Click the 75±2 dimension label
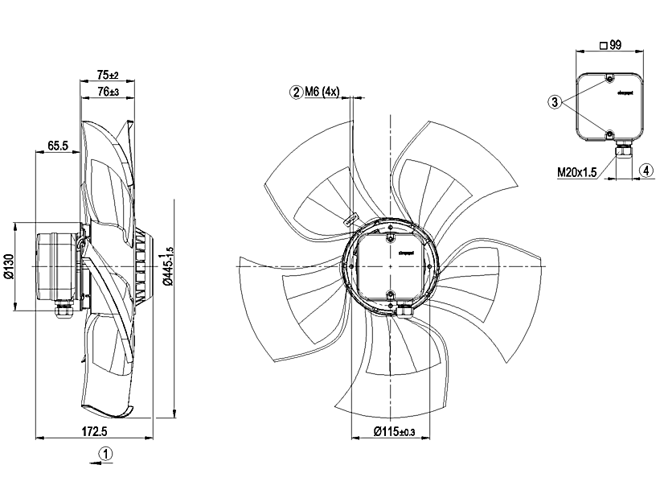tap(107, 75)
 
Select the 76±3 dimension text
tap(107, 92)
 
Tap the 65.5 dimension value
tap(57, 146)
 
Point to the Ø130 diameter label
tap(9, 265)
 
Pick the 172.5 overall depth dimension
tap(95, 433)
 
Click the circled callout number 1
tap(106, 454)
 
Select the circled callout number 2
tap(297, 93)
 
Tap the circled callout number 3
tap(555, 102)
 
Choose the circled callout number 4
tap(646, 171)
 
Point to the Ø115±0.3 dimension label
tap(394, 433)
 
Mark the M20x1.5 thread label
tap(578, 171)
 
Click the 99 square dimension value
tap(615, 46)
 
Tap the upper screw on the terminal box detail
tap(609, 79)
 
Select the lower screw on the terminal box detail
tap(609, 133)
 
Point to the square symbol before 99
tap(602, 46)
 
